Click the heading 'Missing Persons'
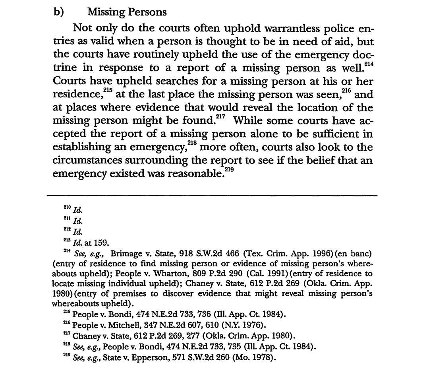(127, 12)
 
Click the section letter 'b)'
(59, 12)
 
